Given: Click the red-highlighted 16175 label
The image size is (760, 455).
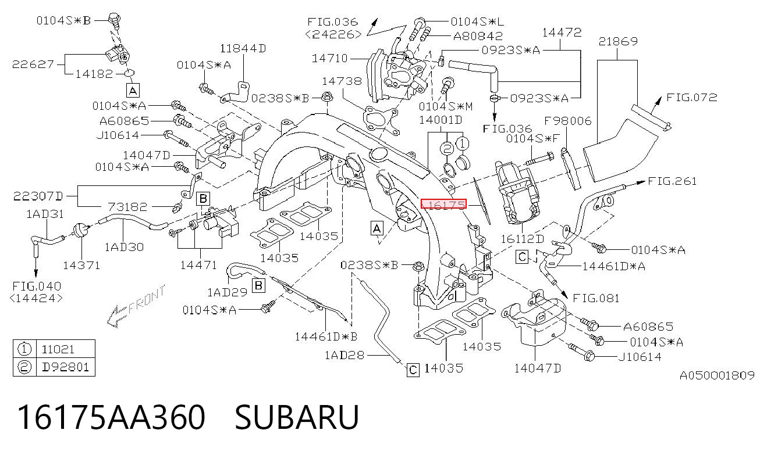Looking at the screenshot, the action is click(443, 204).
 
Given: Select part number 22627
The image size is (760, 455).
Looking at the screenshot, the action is click(33, 65).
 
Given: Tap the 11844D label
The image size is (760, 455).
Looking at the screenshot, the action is click(243, 48).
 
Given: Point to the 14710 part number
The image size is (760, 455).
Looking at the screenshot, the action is click(329, 58).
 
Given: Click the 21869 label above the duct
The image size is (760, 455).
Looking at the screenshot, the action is click(618, 41).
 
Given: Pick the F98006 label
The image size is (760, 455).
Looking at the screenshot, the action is click(567, 121).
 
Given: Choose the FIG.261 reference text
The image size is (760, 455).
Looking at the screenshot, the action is click(672, 181).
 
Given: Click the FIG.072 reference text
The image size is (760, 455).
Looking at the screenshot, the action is click(691, 98).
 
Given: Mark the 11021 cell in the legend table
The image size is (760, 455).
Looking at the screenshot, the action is click(58, 349).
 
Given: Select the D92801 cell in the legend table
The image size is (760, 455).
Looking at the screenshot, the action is click(65, 367).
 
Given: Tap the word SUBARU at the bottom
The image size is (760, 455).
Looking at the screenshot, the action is click(297, 417).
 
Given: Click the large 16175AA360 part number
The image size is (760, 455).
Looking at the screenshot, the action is click(111, 417).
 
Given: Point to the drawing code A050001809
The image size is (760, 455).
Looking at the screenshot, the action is click(717, 375).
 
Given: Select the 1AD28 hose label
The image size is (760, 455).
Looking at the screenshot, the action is click(345, 355).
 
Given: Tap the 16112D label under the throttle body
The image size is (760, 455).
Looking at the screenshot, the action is click(522, 239).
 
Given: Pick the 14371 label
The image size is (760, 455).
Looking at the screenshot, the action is click(81, 266).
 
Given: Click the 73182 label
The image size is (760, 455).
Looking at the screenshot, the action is click(127, 207).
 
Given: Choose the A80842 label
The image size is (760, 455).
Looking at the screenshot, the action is click(478, 36).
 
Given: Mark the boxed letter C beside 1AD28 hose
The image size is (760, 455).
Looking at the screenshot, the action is click(413, 370).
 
